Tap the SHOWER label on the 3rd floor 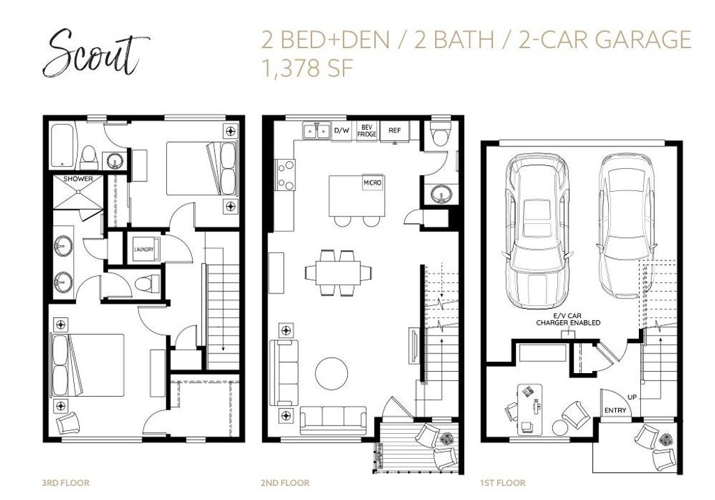pyautogui.click(x=78, y=179)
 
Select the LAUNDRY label pyautogui.click(x=144, y=250)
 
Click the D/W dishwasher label pyautogui.click(x=341, y=130)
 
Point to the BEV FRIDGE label pyautogui.click(x=367, y=130)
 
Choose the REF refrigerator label pyautogui.click(x=395, y=130)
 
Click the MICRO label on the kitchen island pyautogui.click(x=372, y=183)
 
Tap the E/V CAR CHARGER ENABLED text pyautogui.click(x=568, y=319)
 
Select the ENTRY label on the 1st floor pyautogui.click(x=615, y=410)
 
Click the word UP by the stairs pyautogui.click(x=632, y=397)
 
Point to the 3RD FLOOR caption pyautogui.click(x=66, y=483)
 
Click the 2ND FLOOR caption pyautogui.click(x=285, y=483)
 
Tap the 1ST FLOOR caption pyautogui.click(x=503, y=483)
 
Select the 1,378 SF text pyautogui.click(x=307, y=69)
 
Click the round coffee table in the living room pyautogui.click(x=331, y=373)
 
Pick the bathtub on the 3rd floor pyautogui.click(x=62, y=146)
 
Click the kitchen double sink pyautogui.click(x=316, y=130)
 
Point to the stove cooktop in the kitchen pyautogui.click(x=286, y=174)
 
